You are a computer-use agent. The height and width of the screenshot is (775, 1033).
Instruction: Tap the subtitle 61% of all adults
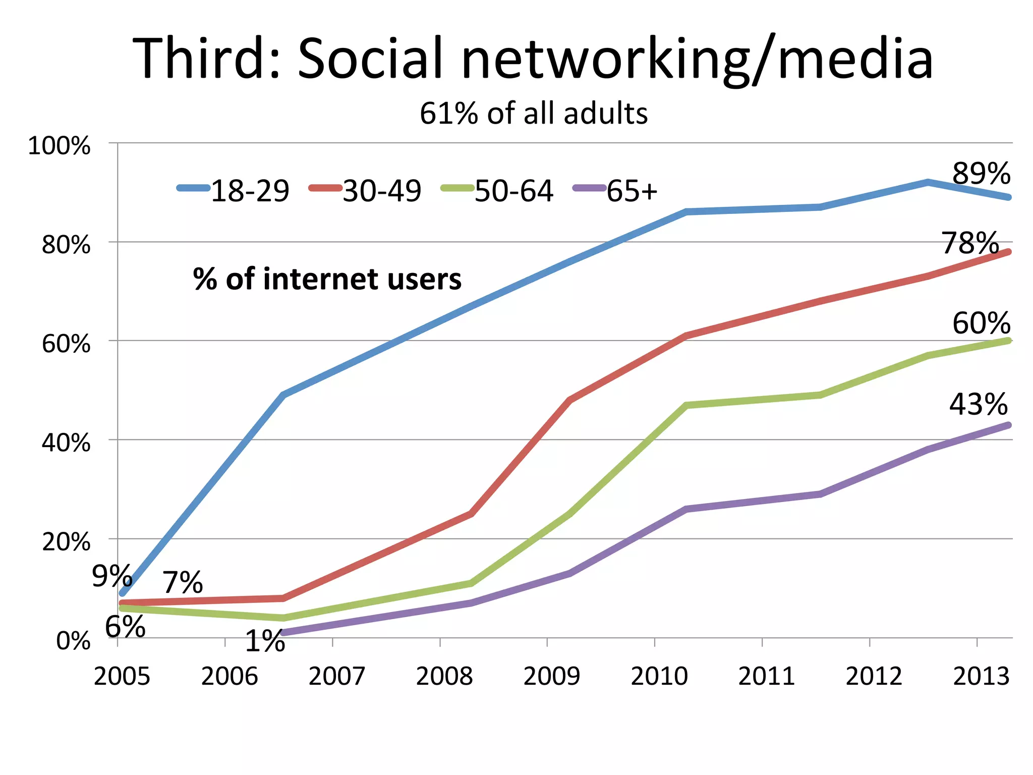click(x=534, y=114)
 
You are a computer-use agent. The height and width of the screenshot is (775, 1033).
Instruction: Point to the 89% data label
click(x=981, y=174)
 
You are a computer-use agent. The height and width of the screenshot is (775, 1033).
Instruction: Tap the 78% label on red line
click(x=970, y=243)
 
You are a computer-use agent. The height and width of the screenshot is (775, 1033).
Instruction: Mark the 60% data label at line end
click(x=981, y=323)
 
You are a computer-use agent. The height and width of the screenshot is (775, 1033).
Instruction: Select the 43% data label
click(x=978, y=405)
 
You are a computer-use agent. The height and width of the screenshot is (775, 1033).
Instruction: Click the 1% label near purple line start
click(x=265, y=641)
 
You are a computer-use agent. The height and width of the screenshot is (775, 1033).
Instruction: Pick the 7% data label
click(x=183, y=583)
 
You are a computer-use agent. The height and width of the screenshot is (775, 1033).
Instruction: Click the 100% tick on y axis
click(x=59, y=146)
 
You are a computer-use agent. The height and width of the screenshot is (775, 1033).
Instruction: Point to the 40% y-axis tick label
click(x=66, y=443)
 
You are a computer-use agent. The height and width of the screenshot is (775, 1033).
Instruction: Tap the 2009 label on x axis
click(x=552, y=676)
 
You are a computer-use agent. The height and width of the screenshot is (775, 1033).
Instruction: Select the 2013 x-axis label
click(x=981, y=676)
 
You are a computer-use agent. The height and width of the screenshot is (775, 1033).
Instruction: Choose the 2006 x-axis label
click(x=229, y=676)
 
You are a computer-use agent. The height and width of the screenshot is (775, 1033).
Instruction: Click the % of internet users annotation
click(x=327, y=279)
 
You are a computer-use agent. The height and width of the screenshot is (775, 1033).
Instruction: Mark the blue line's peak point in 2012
click(x=928, y=182)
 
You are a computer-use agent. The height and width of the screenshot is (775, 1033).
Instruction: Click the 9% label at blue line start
click(x=112, y=576)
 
